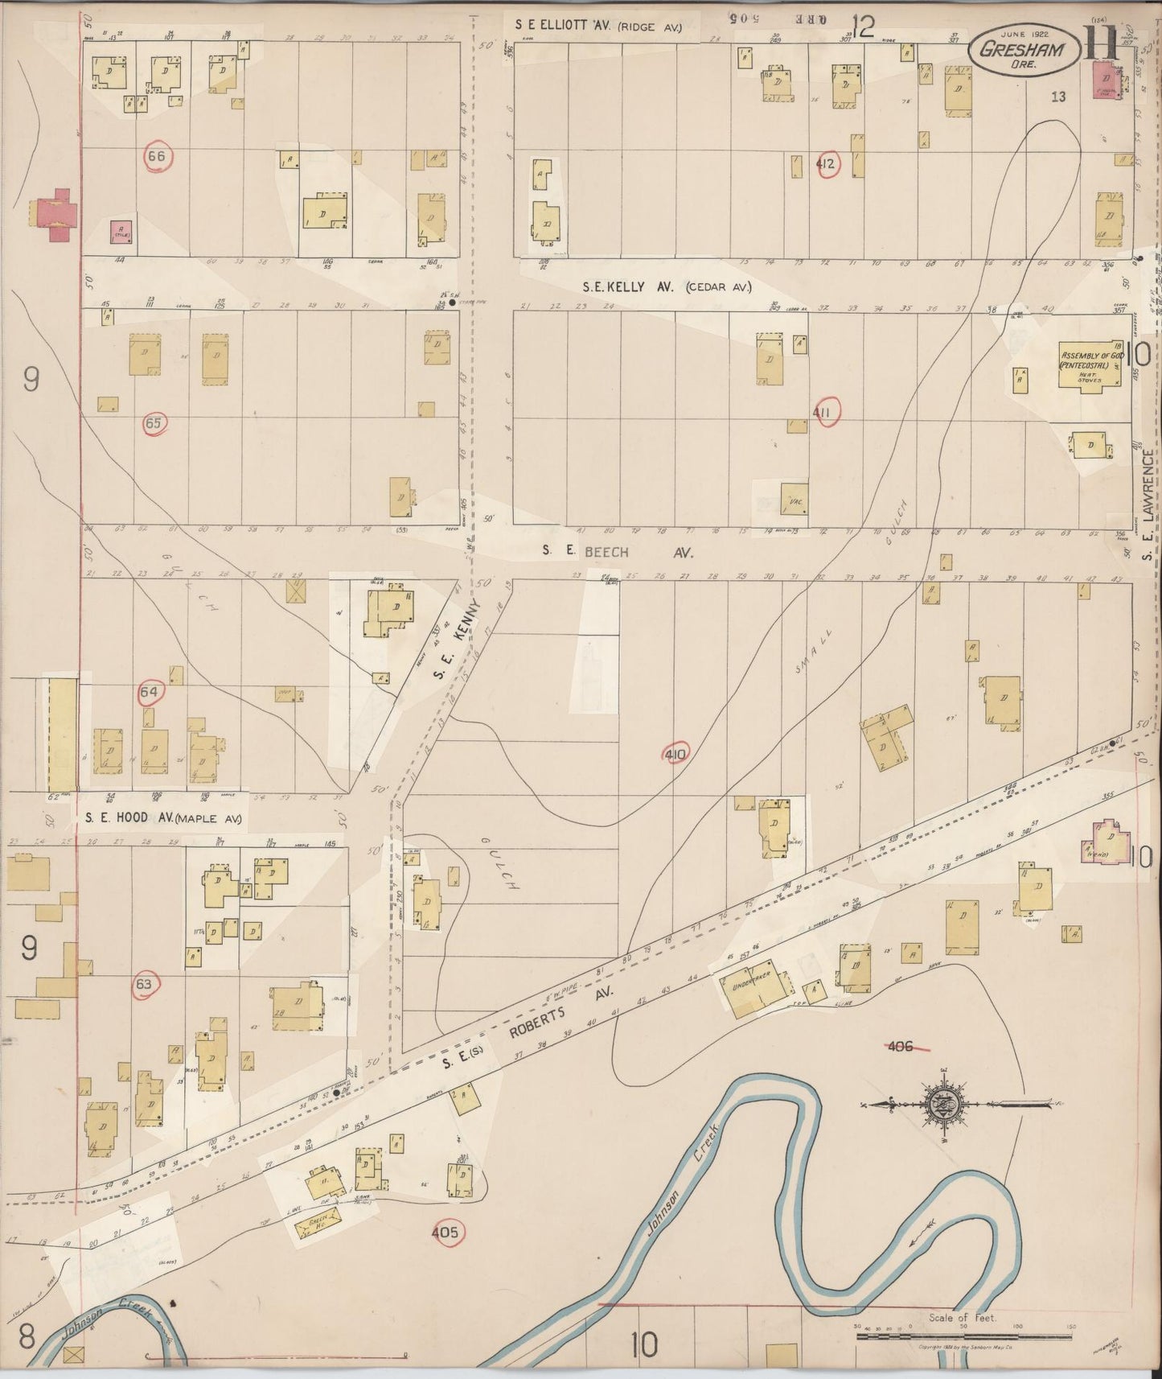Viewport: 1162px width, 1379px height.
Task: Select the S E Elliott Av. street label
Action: point(599,26)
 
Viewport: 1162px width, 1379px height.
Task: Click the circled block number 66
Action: point(156,156)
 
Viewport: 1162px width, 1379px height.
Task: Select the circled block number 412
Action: point(826,164)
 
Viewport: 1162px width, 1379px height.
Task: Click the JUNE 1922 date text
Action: point(1021,33)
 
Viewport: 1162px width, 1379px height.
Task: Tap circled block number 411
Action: point(826,412)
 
